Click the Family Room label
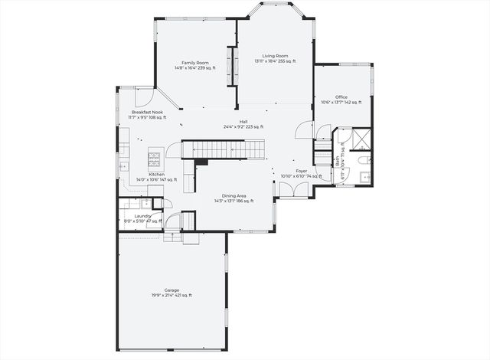point(195,63)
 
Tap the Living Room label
point(275,56)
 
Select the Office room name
point(341,97)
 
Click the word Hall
point(243,121)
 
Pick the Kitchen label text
point(156,175)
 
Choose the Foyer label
point(302,172)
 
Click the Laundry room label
point(142,216)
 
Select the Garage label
point(171,290)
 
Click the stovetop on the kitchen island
point(154,159)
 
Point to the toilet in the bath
point(365,160)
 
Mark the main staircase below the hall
point(222,149)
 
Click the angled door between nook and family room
point(169,102)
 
